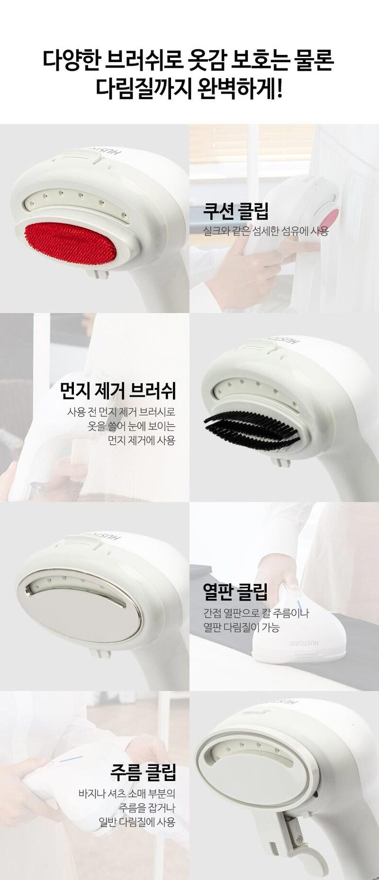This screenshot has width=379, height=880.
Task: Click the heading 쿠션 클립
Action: pos(236,211)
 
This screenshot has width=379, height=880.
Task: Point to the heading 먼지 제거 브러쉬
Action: pos(118,390)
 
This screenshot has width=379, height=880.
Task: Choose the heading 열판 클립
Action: pos(235,592)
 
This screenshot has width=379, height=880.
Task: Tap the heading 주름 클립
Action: pos(143,772)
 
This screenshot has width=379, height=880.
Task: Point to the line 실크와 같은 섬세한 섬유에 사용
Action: pos(266,231)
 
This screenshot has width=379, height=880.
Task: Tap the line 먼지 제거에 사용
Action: pos(141,440)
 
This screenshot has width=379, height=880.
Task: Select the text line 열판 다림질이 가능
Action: pos(241,627)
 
